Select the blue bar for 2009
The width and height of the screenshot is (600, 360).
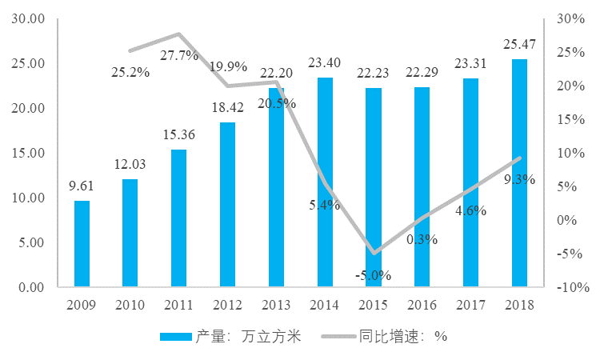tap(82, 243)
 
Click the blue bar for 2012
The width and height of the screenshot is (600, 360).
tap(227, 204)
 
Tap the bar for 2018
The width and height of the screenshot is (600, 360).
tap(519, 172)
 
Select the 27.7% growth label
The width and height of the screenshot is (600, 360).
tap(179, 55)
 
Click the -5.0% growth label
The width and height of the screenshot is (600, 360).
tap(373, 275)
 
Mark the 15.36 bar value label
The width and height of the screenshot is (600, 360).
tap(179, 138)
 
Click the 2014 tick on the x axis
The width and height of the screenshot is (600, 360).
tap(325, 304)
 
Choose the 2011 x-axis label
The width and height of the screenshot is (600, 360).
tap(179, 304)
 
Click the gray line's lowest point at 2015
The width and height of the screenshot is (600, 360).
tap(374, 253)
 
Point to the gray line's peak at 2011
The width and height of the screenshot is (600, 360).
tap(179, 34)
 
